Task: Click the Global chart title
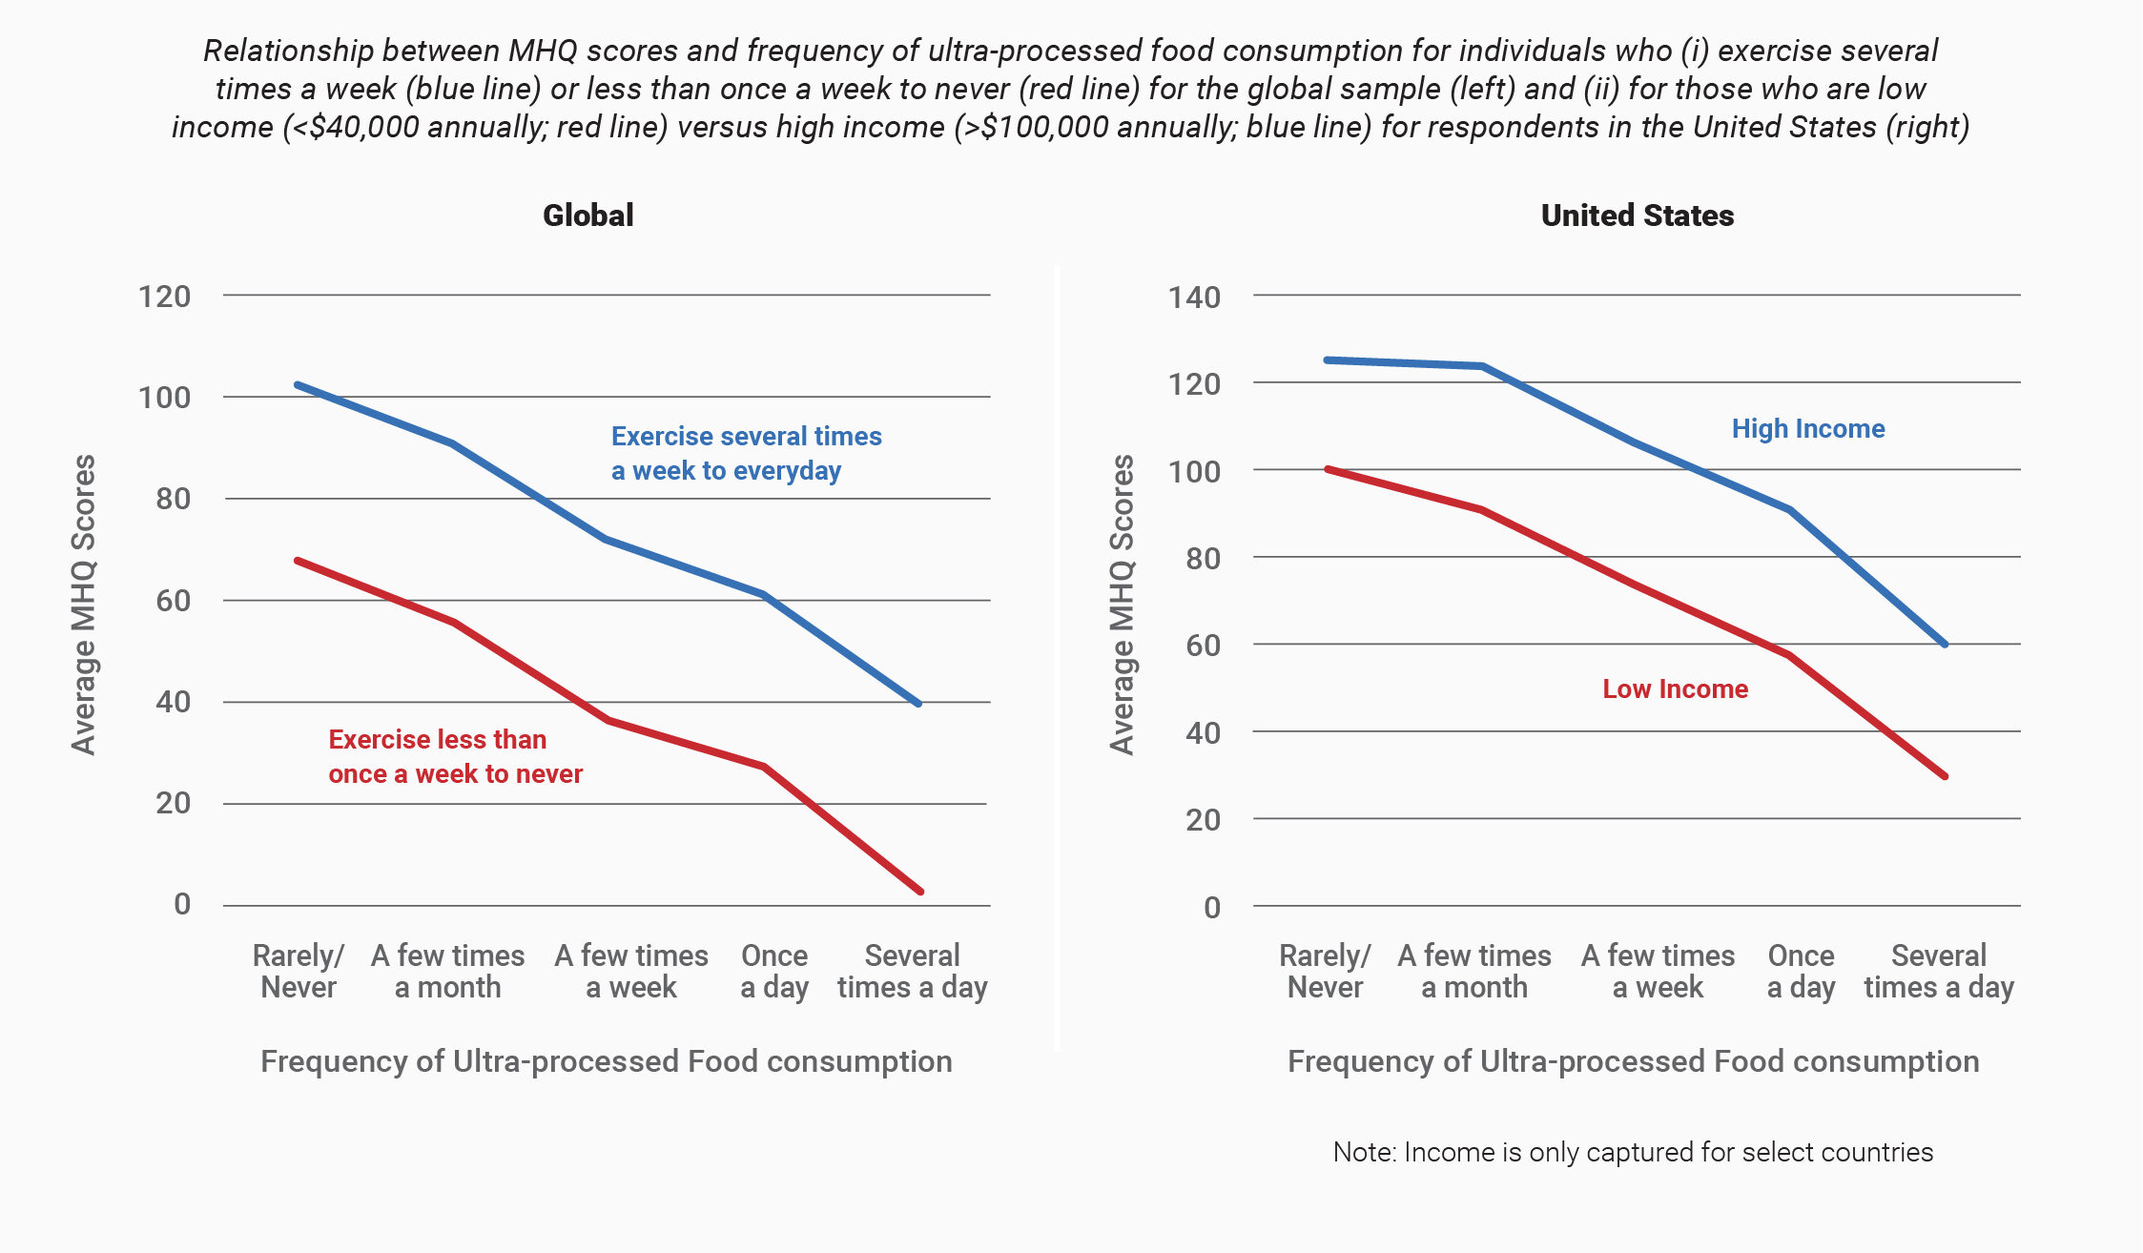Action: (588, 216)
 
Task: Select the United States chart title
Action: (1637, 216)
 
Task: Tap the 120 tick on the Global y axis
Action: (164, 297)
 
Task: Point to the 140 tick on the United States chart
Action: (1194, 298)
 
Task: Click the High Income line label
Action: (1807, 429)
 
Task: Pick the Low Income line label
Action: (1675, 689)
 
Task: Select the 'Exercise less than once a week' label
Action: (455, 756)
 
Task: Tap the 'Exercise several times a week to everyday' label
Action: (746, 453)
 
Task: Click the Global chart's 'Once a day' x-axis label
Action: (774, 971)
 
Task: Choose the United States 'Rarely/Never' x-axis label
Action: (1325, 971)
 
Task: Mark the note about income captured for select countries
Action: (1633, 1152)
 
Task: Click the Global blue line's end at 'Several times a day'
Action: (918, 704)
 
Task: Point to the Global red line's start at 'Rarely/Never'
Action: (298, 561)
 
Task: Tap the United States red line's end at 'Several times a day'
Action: (1945, 776)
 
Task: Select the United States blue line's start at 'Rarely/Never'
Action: (1327, 360)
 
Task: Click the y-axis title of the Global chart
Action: (84, 605)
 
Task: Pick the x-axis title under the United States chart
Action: (1633, 1061)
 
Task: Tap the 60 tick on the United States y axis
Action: (1203, 646)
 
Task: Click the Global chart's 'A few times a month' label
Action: (447, 971)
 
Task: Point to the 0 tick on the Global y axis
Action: (182, 904)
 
